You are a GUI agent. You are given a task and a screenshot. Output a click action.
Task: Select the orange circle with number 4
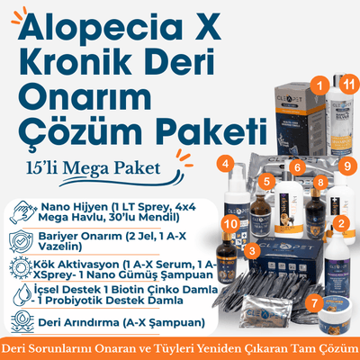point(226,164)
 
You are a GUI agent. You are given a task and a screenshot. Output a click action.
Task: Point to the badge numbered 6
point(296,166)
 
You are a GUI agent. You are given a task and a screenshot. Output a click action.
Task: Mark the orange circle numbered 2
point(340,224)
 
